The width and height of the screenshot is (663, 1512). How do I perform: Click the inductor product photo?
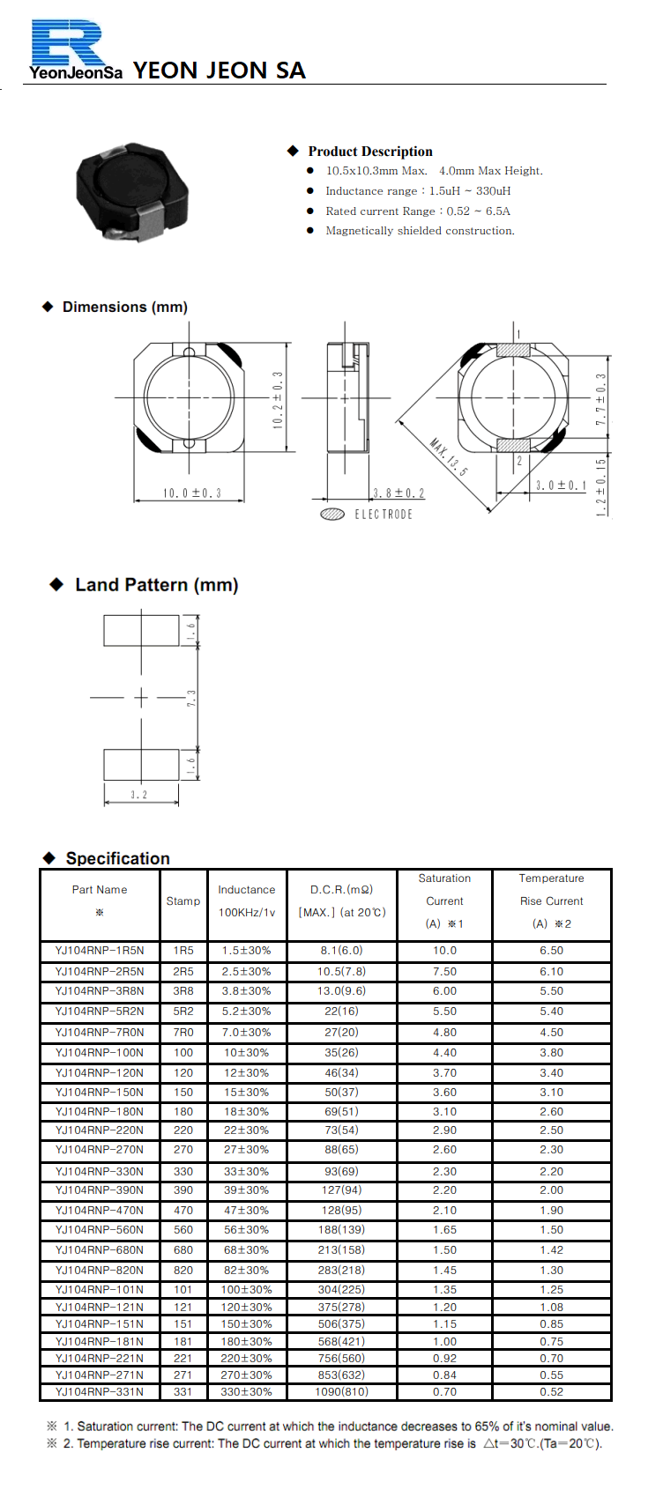[x=133, y=190]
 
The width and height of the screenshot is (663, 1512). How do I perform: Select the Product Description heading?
[x=370, y=151]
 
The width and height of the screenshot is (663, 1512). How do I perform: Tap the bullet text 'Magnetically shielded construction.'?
[x=420, y=231]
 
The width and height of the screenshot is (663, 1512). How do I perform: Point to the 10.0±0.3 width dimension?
[x=191, y=493]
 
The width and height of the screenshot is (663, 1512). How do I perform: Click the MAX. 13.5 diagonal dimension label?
[x=450, y=456]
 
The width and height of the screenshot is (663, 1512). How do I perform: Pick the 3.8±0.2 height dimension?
[x=399, y=493]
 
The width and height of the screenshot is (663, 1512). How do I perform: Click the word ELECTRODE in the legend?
[x=384, y=515]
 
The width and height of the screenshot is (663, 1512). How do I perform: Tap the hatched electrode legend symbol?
[x=332, y=515]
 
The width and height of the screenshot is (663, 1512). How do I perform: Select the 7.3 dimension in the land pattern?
[x=191, y=698]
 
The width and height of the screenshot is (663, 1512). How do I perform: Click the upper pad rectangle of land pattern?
[x=141, y=631]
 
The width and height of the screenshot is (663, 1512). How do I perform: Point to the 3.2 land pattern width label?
[x=139, y=795]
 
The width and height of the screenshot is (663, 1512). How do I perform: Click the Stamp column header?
[x=183, y=901]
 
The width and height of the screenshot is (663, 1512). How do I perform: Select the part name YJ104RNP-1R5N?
[x=100, y=951]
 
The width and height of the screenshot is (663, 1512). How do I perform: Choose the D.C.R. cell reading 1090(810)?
[x=342, y=1392]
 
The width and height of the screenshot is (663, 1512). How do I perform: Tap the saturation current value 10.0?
[x=444, y=951]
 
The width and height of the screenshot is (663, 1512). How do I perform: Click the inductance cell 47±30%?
[x=247, y=1211]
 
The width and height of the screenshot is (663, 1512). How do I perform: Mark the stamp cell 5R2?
[x=183, y=1012]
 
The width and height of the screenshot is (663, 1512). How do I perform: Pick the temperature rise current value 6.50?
[x=551, y=951]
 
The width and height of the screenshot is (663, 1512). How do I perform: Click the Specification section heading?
[x=117, y=858]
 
